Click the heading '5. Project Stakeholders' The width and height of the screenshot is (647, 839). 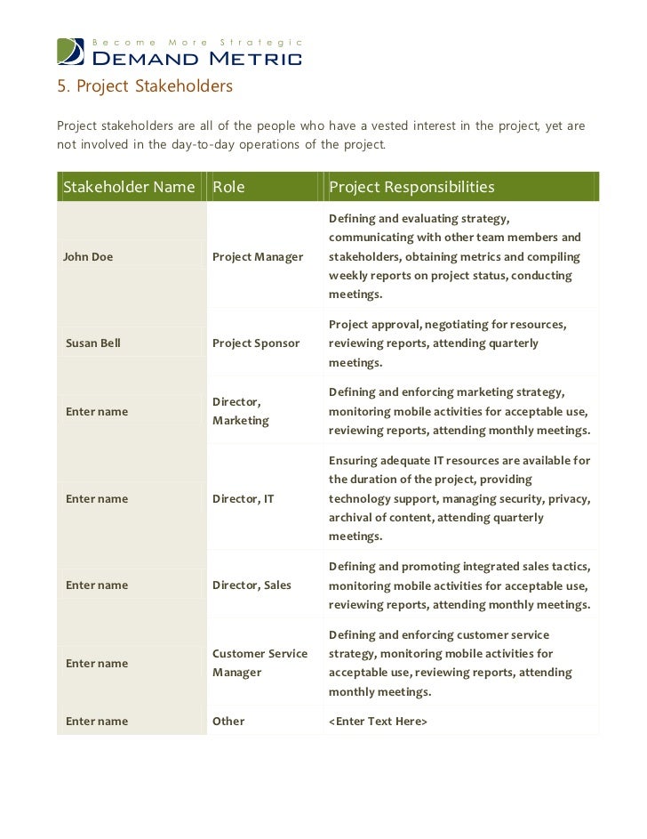pyautogui.click(x=145, y=86)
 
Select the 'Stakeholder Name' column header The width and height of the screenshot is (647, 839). pyautogui.click(x=129, y=187)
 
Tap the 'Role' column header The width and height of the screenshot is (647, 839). pyautogui.click(x=228, y=187)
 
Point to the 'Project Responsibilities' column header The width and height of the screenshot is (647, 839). pyautogui.click(x=411, y=187)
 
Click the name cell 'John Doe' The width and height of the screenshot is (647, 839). pyautogui.click(x=88, y=257)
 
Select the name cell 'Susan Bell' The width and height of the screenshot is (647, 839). pyautogui.click(x=93, y=343)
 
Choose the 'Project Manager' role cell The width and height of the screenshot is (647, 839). pyautogui.click(x=258, y=257)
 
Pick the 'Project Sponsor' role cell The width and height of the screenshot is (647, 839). pyautogui.click(x=256, y=343)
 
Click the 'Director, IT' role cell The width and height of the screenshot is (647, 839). pyautogui.click(x=243, y=498)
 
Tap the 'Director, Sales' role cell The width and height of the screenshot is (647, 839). pyautogui.click(x=252, y=585)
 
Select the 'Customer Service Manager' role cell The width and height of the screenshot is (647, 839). pyautogui.click(x=260, y=663)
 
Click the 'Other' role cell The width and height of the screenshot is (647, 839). pyautogui.click(x=228, y=721)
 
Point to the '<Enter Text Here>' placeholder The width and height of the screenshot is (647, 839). pyautogui.click(x=379, y=721)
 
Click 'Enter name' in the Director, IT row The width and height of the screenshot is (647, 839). pyautogui.click(x=97, y=498)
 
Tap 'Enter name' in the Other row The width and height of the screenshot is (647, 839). pyautogui.click(x=97, y=721)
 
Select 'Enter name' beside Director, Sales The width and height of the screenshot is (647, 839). pyautogui.click(x=97, y=585)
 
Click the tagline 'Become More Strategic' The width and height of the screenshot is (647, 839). pyautogui.click(x=198, y=43)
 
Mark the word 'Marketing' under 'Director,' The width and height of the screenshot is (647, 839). pyautogui.click(x=240, y=420)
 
